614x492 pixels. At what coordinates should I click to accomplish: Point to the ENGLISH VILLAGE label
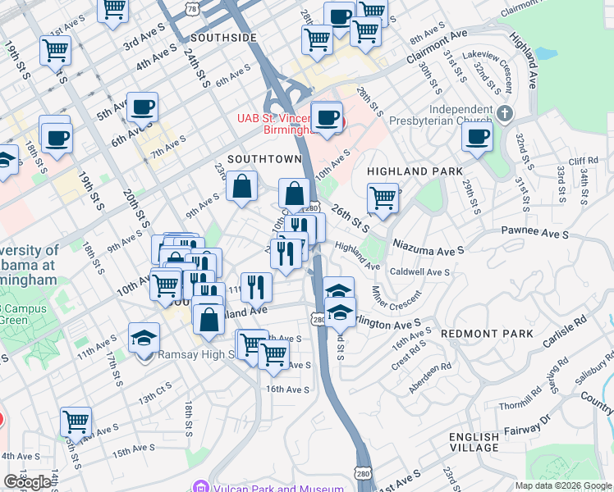[474, 442]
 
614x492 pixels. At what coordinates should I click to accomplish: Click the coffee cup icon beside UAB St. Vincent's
[327, 118]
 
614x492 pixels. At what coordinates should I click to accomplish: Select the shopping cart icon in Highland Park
[383, 198]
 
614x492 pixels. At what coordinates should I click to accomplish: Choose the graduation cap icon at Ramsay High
[144, 337]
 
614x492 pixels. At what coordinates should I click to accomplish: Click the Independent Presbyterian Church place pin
[506, 113]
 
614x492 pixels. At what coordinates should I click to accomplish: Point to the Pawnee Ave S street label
[537, 235]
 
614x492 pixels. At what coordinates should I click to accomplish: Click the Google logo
[27, 482]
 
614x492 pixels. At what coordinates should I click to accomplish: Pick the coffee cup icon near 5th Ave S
[142, 107]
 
